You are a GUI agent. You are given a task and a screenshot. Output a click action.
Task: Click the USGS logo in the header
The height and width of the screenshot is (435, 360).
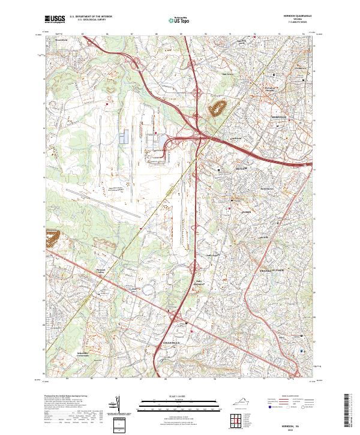(x=55, y=19)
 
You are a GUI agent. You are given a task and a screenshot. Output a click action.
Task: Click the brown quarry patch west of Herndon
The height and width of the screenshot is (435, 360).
(x=217, y=108)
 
